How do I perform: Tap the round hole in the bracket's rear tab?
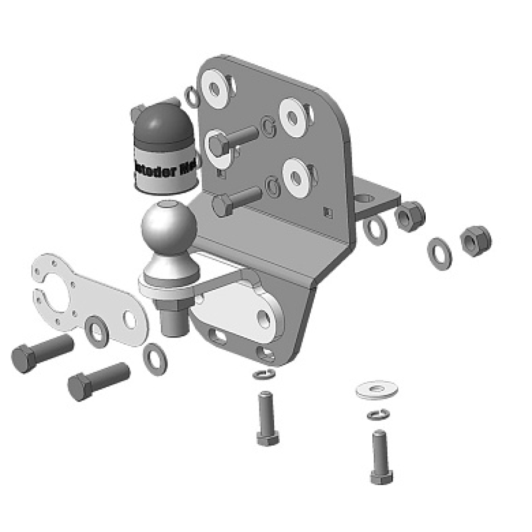click(x=368, y=197)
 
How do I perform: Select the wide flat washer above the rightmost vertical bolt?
click(x=377, y=389)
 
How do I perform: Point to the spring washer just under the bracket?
click(x=263, y=374)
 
